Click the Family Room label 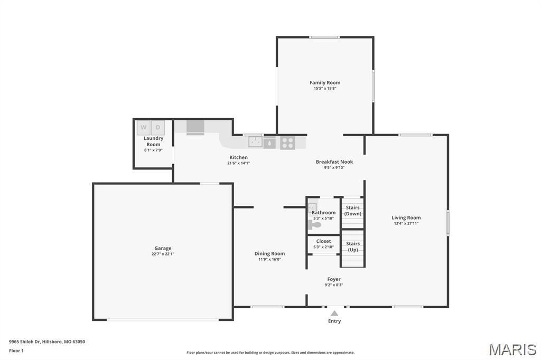pyautogui.click(x=325, y=82)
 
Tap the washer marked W pyautogui.click(x=143, y=127)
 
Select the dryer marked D pyautogui.click(x=158, y=127)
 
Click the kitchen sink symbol pyautogui.click(x=256, y=141)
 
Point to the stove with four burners pyautogui.click(x=287, y=142)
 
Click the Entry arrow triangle pyautogui.click(x=334, y=313)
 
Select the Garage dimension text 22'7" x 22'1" pyautogui.click(x=163, y=254)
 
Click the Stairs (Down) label pyautogui.click(x=353, y=211)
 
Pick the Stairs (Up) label pyautogui.click(x=353, y=247)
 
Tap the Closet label pyautogui.click(x=324, y=241)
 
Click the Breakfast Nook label pyautogui.click(x=334, y=162)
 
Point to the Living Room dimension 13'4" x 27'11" pyautogui.click(x=406, y=223)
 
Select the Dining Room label pyautogui.click(x=269, y=253)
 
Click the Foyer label pyautogui.click(x=334, y=279)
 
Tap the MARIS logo pyautogui.click(x=512, y=349)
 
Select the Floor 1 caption pyautogui.click(x=16, y=350)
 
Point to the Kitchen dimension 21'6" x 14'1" pyautogui.click(x=238, y=163)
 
